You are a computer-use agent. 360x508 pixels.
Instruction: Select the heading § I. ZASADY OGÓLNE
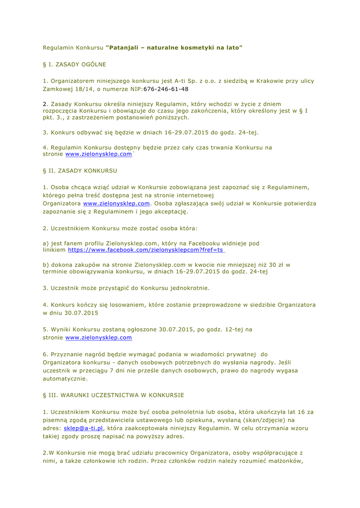coord(74,64)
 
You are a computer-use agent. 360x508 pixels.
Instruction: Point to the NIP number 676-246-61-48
coord(166,89)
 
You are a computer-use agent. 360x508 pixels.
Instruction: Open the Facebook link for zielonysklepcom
coord(145,251)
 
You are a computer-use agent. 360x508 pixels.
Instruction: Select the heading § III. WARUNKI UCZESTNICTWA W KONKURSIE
coord(113,395)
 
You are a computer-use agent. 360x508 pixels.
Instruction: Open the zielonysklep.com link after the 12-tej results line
coord(99,338)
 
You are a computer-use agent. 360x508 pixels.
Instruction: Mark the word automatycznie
coord(65,379)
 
